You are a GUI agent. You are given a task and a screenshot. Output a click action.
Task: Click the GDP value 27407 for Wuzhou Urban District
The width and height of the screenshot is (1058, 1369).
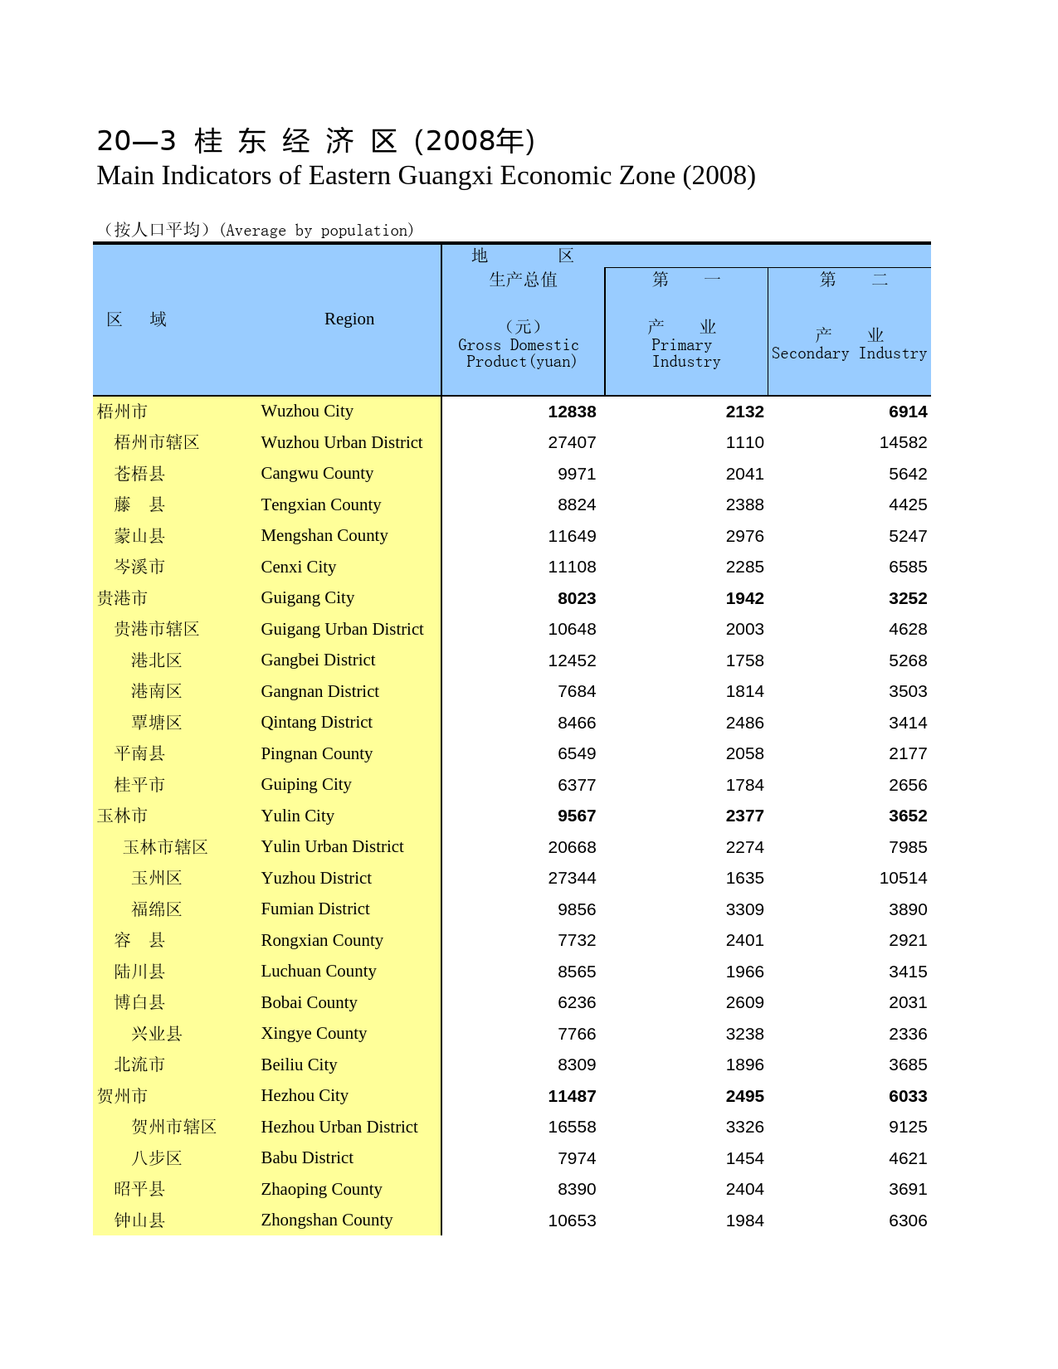click(572, 442)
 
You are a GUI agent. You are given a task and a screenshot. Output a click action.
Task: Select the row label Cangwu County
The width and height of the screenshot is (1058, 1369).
click(317, 473)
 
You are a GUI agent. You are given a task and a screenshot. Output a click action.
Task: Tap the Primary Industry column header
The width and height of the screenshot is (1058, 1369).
click(685, 353)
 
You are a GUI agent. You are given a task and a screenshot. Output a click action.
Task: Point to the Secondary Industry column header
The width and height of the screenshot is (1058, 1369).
click(849, 353)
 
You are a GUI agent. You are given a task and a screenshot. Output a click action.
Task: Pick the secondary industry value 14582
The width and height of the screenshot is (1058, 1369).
click(903, 442)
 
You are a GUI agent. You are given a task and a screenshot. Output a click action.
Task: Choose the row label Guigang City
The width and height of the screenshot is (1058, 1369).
click(307, 597)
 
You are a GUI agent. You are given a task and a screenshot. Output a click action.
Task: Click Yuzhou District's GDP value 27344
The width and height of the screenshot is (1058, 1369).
click(572, 878)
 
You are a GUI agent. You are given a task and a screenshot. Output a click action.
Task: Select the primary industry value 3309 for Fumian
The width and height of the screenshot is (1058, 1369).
click(744, 909)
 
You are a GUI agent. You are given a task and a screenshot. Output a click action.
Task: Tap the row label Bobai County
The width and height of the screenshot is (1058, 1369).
click(309, 1002)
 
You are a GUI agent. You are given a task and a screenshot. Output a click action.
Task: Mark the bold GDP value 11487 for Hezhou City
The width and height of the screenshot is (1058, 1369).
click(572, 1096)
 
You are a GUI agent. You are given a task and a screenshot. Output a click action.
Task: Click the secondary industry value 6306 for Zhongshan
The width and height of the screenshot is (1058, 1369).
click(908, 1220)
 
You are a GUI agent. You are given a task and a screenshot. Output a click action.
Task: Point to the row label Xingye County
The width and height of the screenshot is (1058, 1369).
click(314, 1033)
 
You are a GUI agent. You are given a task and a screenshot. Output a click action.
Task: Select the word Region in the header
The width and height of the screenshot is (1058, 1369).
click(349, 319)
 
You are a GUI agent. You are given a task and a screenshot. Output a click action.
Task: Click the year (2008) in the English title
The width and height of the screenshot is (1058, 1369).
click(719, 176)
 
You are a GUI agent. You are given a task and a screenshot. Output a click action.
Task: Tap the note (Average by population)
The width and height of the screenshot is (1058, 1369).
click(316, 230)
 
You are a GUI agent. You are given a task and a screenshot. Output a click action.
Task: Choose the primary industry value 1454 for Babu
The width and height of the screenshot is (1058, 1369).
click(744, 1158)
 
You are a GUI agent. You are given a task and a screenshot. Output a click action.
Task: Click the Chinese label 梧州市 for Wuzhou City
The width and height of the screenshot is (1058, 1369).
click(123, 412)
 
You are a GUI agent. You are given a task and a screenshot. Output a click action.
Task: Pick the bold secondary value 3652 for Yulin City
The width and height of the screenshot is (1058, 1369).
click(908, 816)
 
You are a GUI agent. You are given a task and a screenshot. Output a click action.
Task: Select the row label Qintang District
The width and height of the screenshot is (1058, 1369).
click(316, 722)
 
